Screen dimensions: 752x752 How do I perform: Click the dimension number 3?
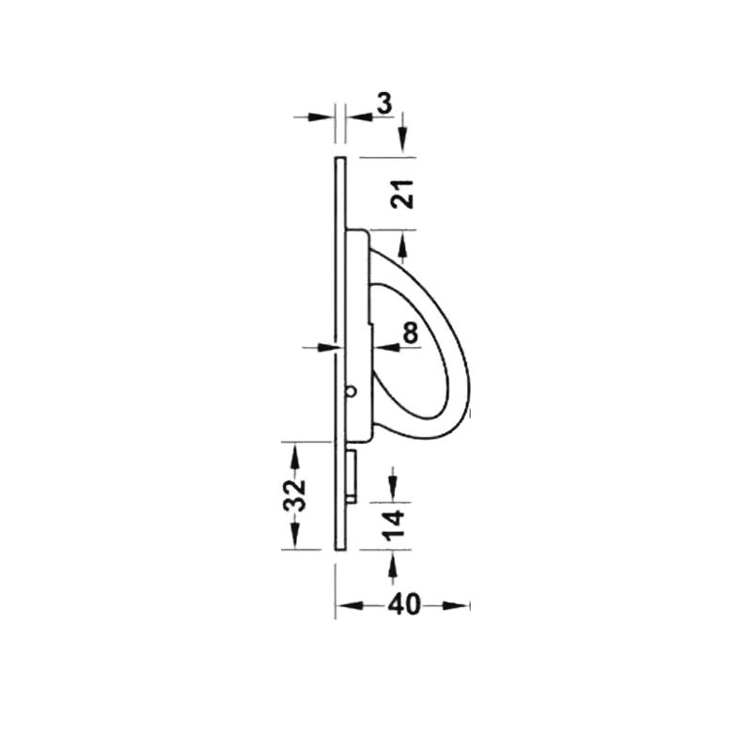(x=384, y=103)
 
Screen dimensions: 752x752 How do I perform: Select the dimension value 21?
(x=402, y=194)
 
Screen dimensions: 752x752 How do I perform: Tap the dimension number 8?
(x=410, y=333)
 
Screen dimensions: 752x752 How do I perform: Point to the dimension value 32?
(x=295, y=495)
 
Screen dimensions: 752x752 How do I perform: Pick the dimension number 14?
(x=395, y=526)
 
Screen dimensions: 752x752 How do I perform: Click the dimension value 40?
(x=404, y=604)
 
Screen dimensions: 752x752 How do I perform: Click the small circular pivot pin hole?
(x=351, y=391)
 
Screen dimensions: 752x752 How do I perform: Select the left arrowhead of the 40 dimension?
(x=349, y=605)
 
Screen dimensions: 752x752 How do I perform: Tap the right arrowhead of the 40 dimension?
(x=456, y=605)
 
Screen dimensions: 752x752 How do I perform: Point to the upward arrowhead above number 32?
(x=294, y=456)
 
